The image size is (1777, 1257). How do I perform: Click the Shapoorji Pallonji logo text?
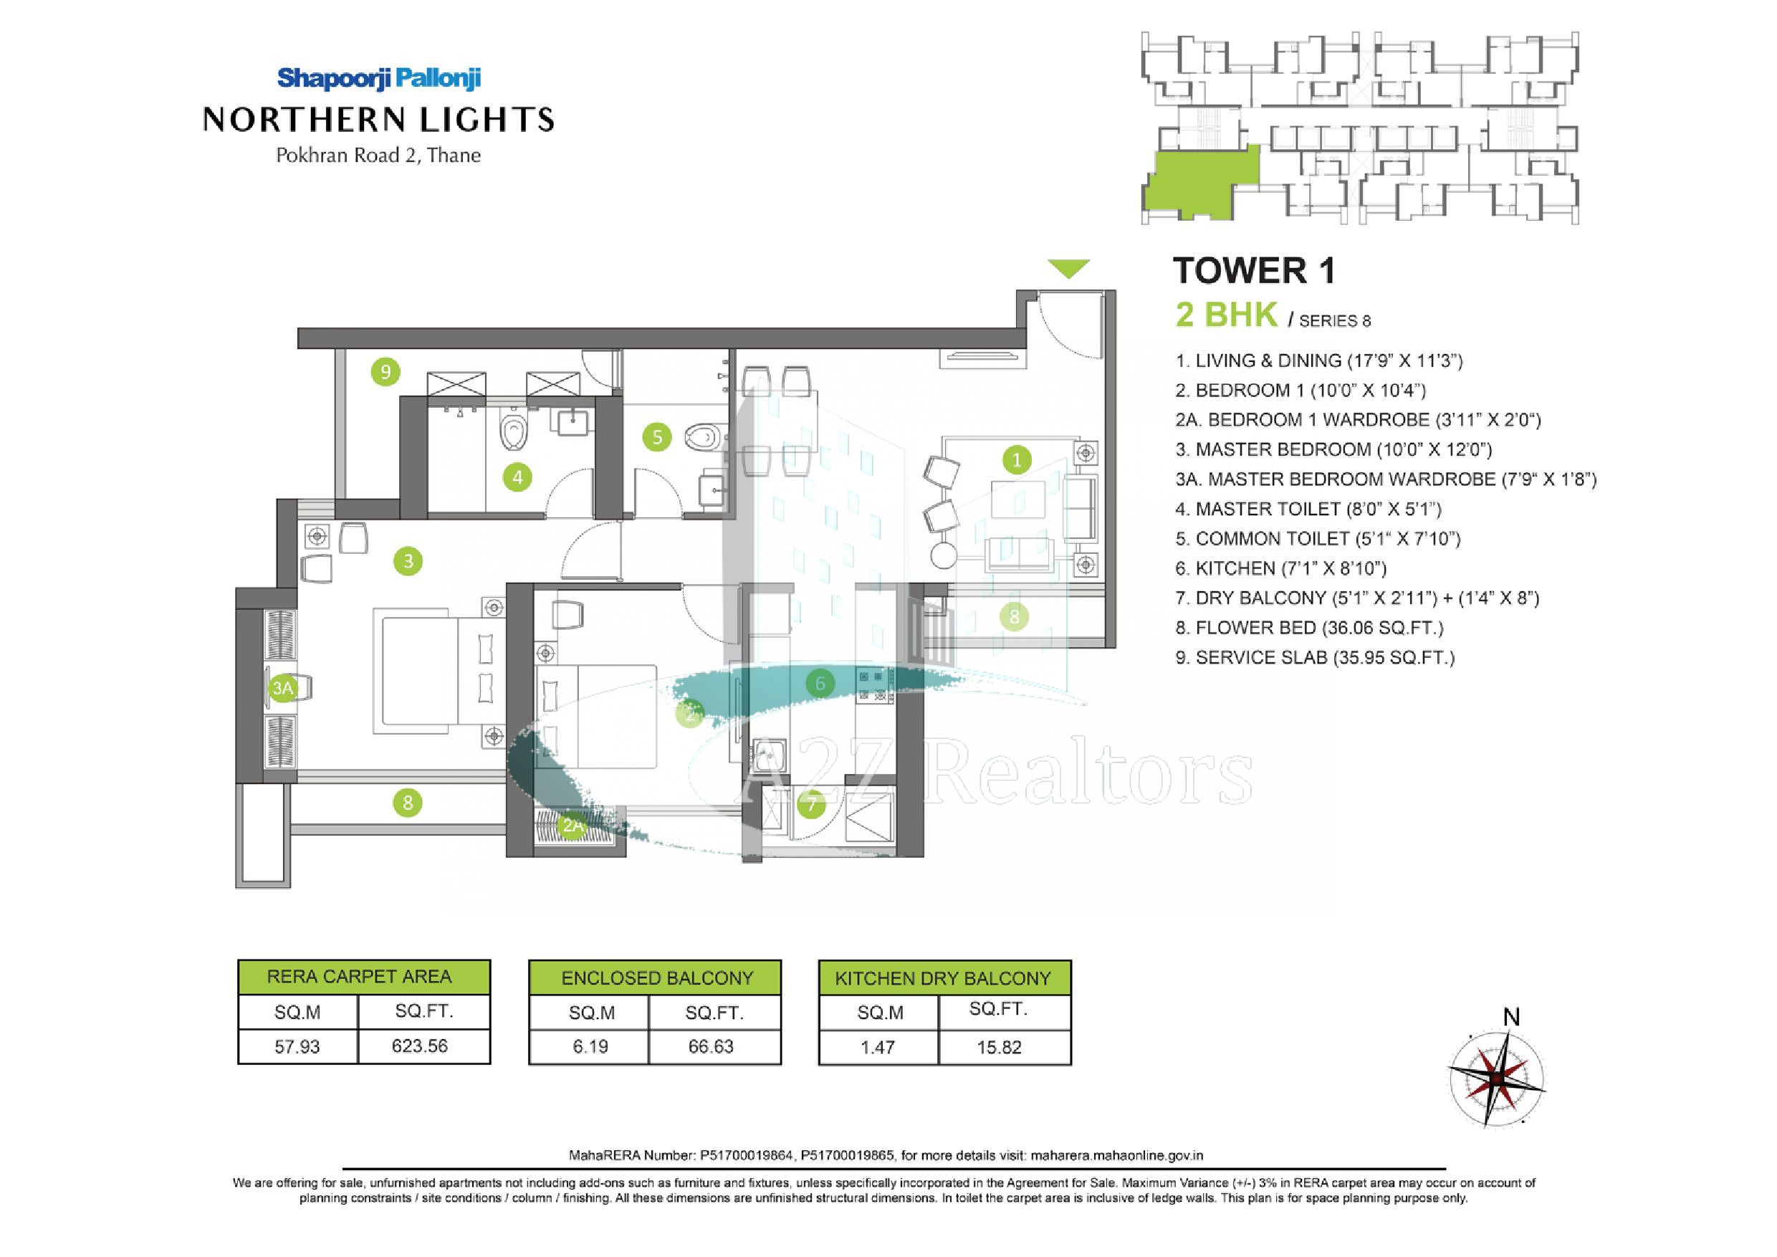pos(379,78)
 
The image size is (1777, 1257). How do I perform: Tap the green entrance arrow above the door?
pos(1069,269)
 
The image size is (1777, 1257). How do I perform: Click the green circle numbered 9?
pos(385,373)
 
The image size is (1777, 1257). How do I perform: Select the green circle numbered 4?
pos(517,477)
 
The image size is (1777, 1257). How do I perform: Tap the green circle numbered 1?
pos(1016,460)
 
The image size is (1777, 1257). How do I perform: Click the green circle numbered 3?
pos(408,560)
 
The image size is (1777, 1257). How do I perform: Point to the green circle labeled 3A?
pos(282,687)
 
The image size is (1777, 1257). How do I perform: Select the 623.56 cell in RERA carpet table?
pos(421,1046)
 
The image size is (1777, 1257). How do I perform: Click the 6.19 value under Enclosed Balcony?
pos(590,1047)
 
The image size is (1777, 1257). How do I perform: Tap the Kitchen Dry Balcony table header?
pos(944,978)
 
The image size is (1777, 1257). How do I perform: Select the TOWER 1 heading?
pos(1255,271)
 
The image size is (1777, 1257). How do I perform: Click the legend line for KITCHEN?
pos(1281,569)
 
